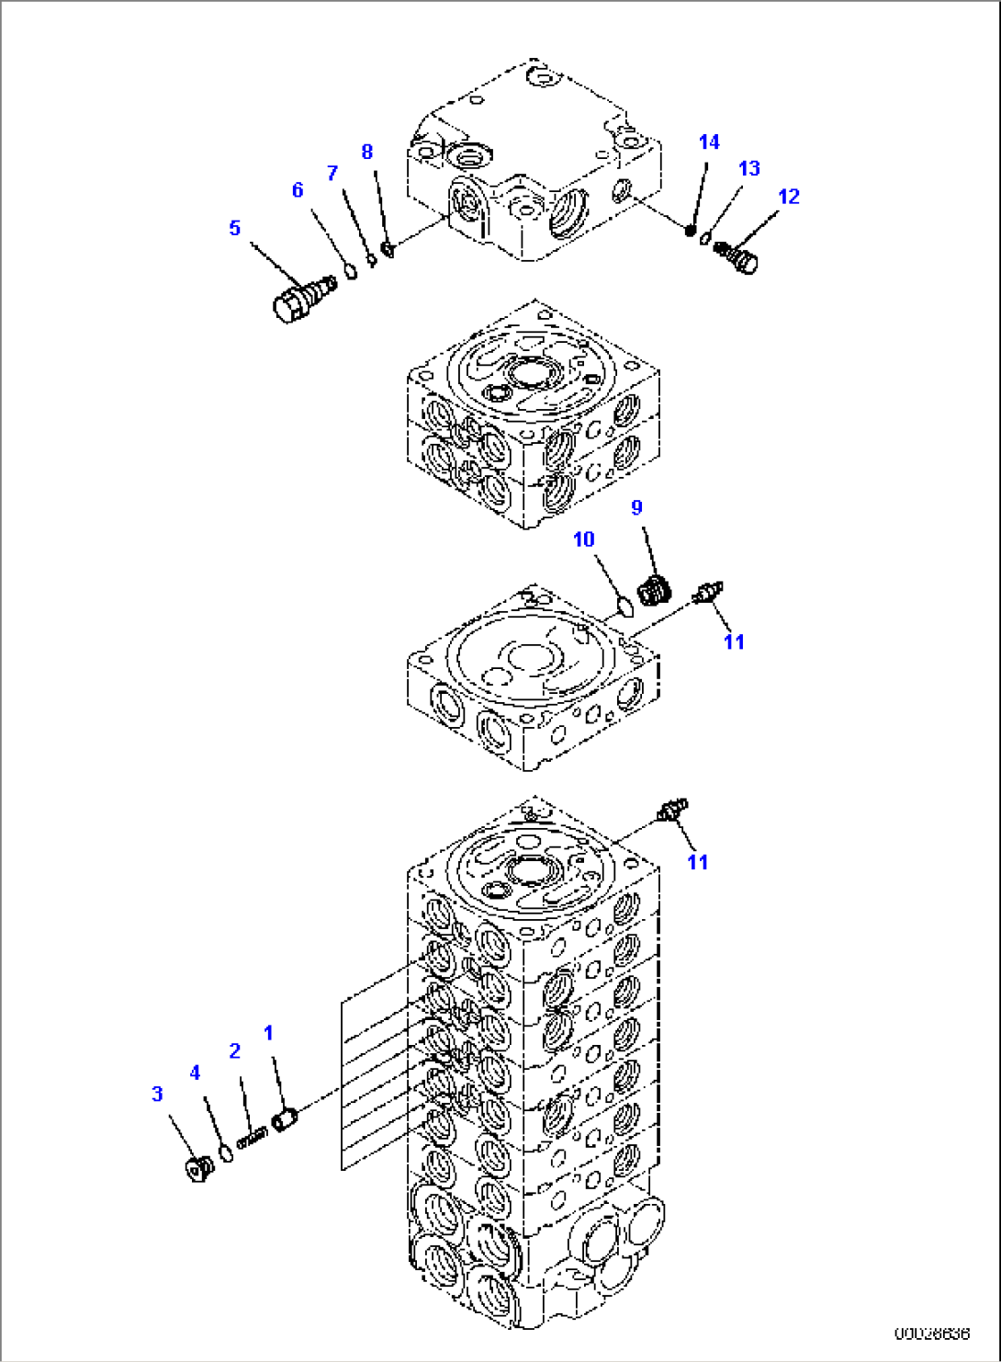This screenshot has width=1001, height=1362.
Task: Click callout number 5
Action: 235,228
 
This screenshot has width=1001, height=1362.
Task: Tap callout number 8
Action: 367,152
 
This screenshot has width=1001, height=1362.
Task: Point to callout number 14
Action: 709,142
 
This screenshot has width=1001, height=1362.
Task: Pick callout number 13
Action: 749,168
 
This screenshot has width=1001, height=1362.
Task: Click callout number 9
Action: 637,507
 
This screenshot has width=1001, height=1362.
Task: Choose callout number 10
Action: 584,539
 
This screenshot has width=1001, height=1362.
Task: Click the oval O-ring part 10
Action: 624,606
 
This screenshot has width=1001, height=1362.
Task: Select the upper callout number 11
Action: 734,641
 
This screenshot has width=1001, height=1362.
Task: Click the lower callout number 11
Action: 698,861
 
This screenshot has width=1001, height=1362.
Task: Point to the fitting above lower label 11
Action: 672,810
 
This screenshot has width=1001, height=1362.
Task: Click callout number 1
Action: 268,1033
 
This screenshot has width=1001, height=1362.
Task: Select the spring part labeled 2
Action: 251,1138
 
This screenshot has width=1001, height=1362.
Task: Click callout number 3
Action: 157,1094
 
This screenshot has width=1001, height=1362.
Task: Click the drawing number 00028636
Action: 932,1332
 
